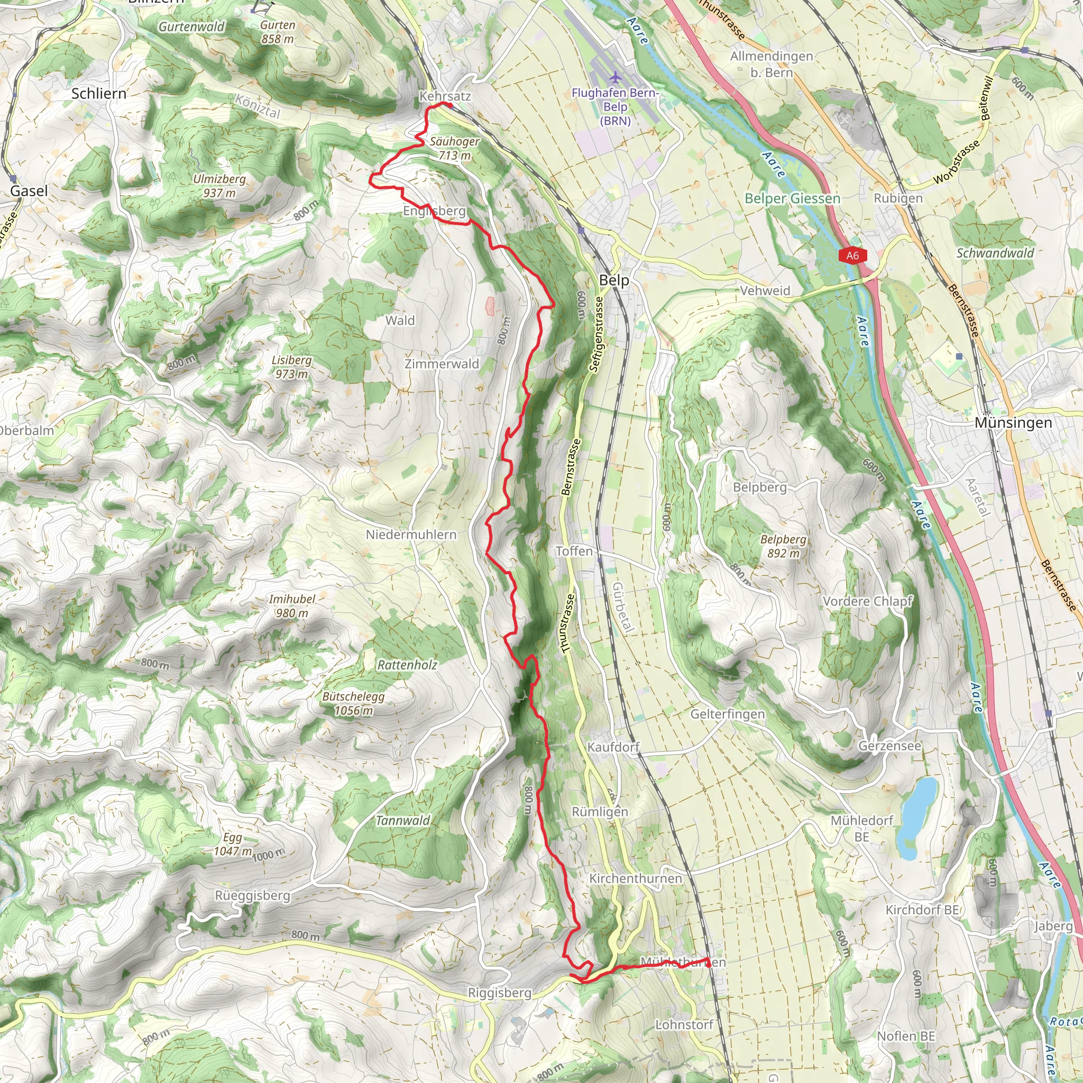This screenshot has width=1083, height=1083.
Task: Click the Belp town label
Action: (x=614, y=280)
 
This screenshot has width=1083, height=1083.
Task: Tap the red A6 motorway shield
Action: (x=852, y=256)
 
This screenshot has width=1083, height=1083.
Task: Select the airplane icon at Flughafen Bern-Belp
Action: (x=616, y=77)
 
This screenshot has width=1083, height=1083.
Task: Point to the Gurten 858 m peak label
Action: (x=278, y=32)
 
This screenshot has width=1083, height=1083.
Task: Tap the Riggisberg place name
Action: (x=499, y=993)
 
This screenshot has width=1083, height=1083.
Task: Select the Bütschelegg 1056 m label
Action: (x=353, y=703)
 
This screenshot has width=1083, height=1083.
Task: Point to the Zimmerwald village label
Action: (x=442, y=364)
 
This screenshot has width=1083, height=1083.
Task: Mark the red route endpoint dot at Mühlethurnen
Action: (x=708, y=965)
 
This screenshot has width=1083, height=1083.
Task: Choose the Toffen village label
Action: (x=574, y=551)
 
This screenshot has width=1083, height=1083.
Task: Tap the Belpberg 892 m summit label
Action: (x=783, y=546)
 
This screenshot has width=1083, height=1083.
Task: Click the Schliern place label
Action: (x=99, y=94)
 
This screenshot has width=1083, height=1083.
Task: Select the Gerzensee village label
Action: (x=889, y=746)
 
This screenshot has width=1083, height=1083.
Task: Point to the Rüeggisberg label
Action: (x=252, y=895)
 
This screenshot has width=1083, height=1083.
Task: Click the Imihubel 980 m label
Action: (x=292, y=606)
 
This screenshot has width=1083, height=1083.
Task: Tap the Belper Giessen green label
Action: (x=792, y=198)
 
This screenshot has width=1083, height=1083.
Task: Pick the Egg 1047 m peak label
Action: (x=233, y=844)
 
